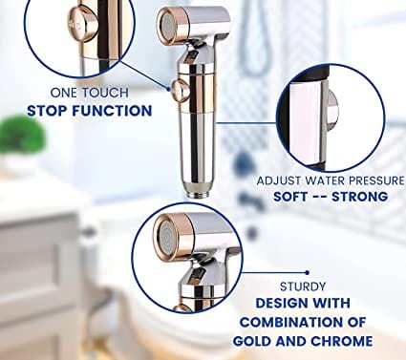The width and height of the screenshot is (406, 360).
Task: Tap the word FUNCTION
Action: [112, 111]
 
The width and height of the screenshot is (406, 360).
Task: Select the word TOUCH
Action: [105, 93]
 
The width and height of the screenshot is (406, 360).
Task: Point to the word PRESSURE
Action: [376, 180]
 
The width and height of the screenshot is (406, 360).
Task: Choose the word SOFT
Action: [290, 197]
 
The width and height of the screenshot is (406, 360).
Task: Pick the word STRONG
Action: [360, 197]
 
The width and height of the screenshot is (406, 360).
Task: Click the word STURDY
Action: [303, 286]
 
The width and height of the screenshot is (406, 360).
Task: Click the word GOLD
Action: [251, 341]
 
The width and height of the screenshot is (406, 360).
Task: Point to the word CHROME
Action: [342, 341]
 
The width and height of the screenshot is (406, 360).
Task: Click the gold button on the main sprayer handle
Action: [181, 91]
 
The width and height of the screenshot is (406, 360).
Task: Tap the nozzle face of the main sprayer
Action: [164, 25]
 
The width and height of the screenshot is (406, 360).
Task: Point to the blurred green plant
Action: [22, 133]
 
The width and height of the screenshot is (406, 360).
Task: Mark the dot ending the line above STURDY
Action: [307, 272]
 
